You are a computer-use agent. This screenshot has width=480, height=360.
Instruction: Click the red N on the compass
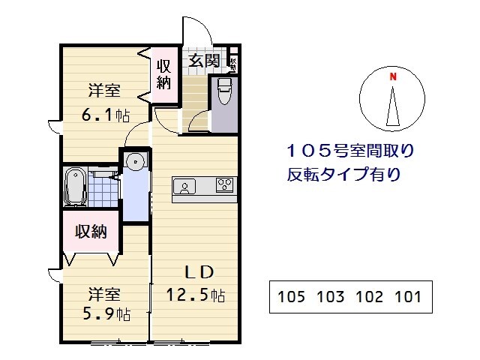tap(391, 76)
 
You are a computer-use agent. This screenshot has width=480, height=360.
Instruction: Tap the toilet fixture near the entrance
tap(223, 93)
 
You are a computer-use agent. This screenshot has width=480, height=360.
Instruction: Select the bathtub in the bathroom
tap(75, 186)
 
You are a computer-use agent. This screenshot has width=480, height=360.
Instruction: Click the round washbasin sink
tap(135, 160)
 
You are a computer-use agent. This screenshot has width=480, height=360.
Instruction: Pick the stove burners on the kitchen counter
tap(225, 184)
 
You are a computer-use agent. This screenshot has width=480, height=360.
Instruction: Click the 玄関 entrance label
tap(203, 61)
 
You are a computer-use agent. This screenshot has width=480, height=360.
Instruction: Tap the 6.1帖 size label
tap(105, 115)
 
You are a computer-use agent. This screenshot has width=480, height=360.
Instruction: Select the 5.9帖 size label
tap(104, 313)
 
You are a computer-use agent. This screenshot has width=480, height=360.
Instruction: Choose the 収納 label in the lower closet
tap(90, 231)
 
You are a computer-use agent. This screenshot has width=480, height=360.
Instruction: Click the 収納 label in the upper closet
tap(163, 73)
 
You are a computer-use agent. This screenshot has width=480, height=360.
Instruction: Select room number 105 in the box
tap(291, 296)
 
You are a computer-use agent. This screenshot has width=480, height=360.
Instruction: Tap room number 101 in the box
tap(407, 296)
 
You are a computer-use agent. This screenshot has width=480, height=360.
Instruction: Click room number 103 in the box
tap(330, 296)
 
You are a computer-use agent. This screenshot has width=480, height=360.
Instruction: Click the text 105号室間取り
tap(349, 151)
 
